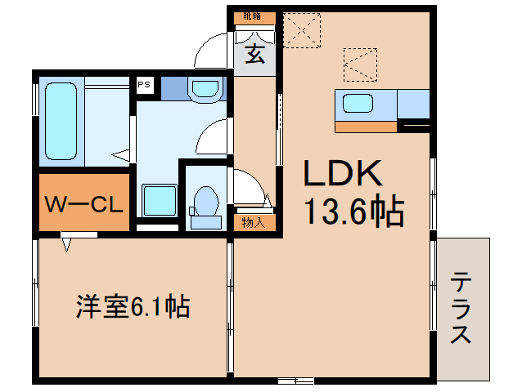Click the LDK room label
(x=344, y=174)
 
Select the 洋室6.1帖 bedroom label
(x=133, y=308)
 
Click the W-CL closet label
(x=83, y=202)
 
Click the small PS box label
(x=144, y=84)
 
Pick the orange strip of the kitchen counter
(x=366, y=126)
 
